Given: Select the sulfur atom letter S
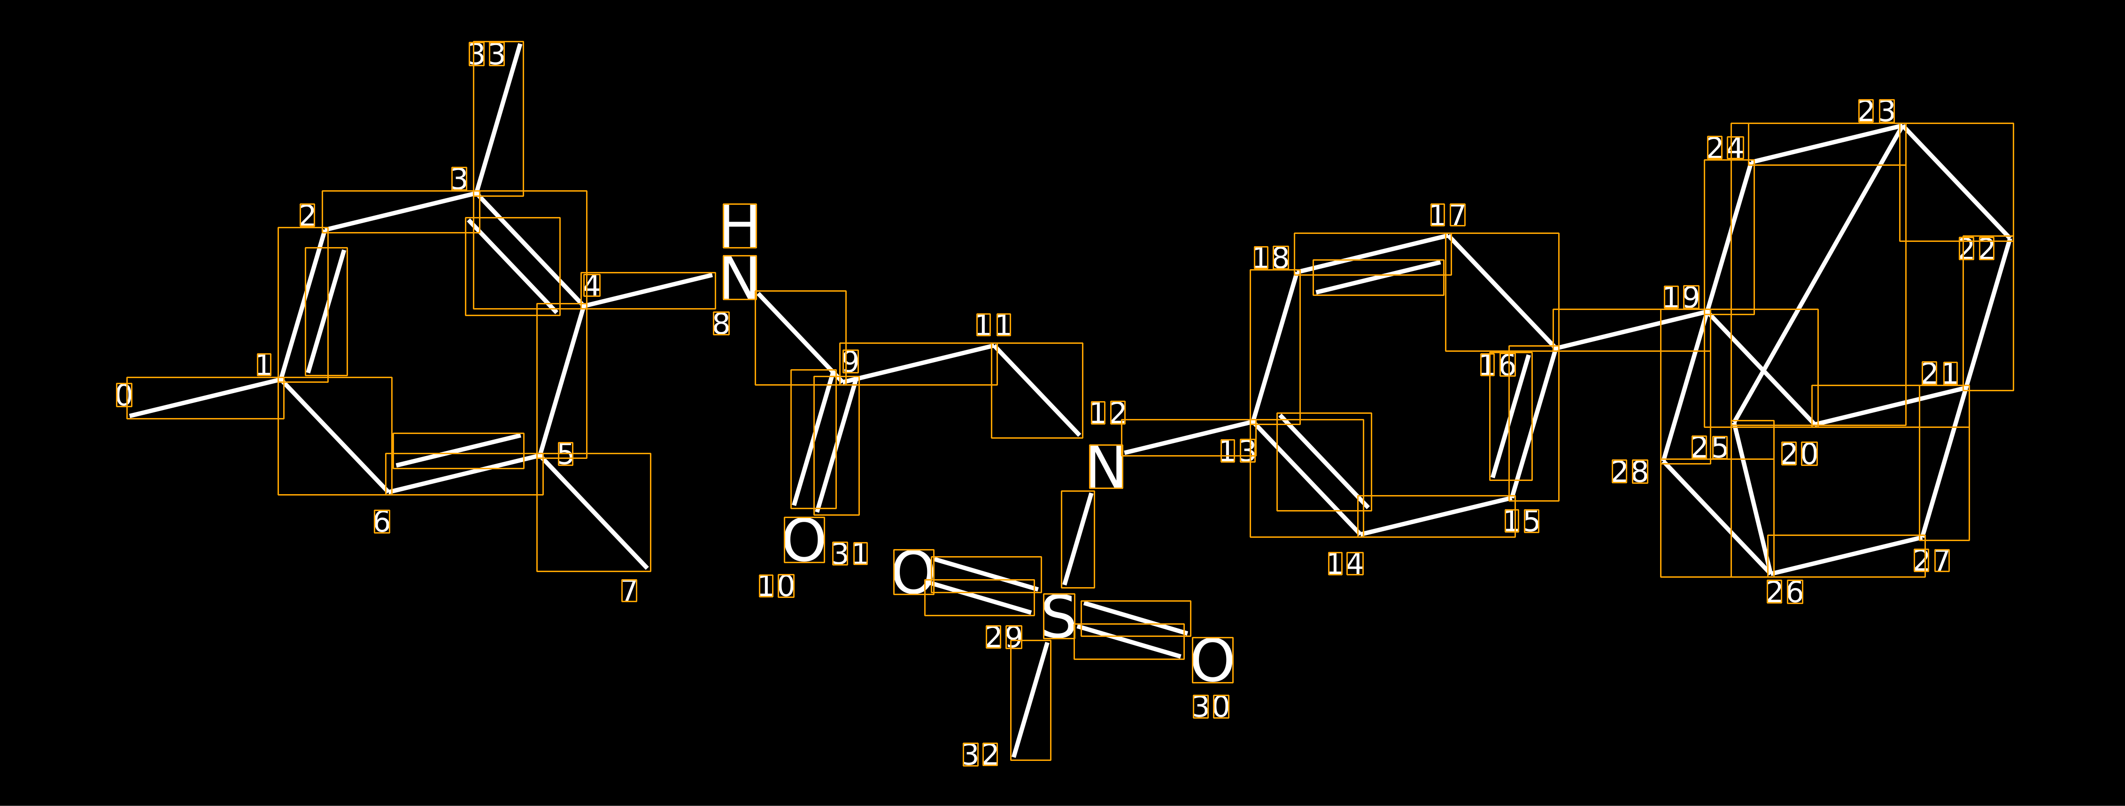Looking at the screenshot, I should pyautogui.click(x=1059, y=616).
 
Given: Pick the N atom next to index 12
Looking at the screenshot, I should pyautogui.click(x=1105, y=467).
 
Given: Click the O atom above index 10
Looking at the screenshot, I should pyautogui.click(x=804, y=540).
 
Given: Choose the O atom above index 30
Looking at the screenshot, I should pyautogui.click(x=1212, y=660).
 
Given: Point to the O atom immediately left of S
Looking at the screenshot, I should pyautogui.click(x=913, y=572).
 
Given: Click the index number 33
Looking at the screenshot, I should pyautogui.click(x=487, y=54).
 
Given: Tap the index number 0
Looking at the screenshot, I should pyautogui.click(x=124, y=395).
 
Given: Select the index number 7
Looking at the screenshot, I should pyautogui.click(x=629, y=591).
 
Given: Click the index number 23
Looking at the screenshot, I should pyautogui.click(x=1877, y=110).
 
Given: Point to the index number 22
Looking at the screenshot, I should pyautogui.click(x=1978, y=248).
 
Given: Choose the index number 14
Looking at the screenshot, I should pyautogui.click(x=1345, y=564).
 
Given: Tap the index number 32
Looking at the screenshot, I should pyautogui.click(x=980, y=754).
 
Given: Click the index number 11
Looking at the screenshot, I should pyautogui.click(x=993, y=325).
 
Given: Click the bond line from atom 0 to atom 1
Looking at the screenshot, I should pyautogui.click(x=205, y=398).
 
